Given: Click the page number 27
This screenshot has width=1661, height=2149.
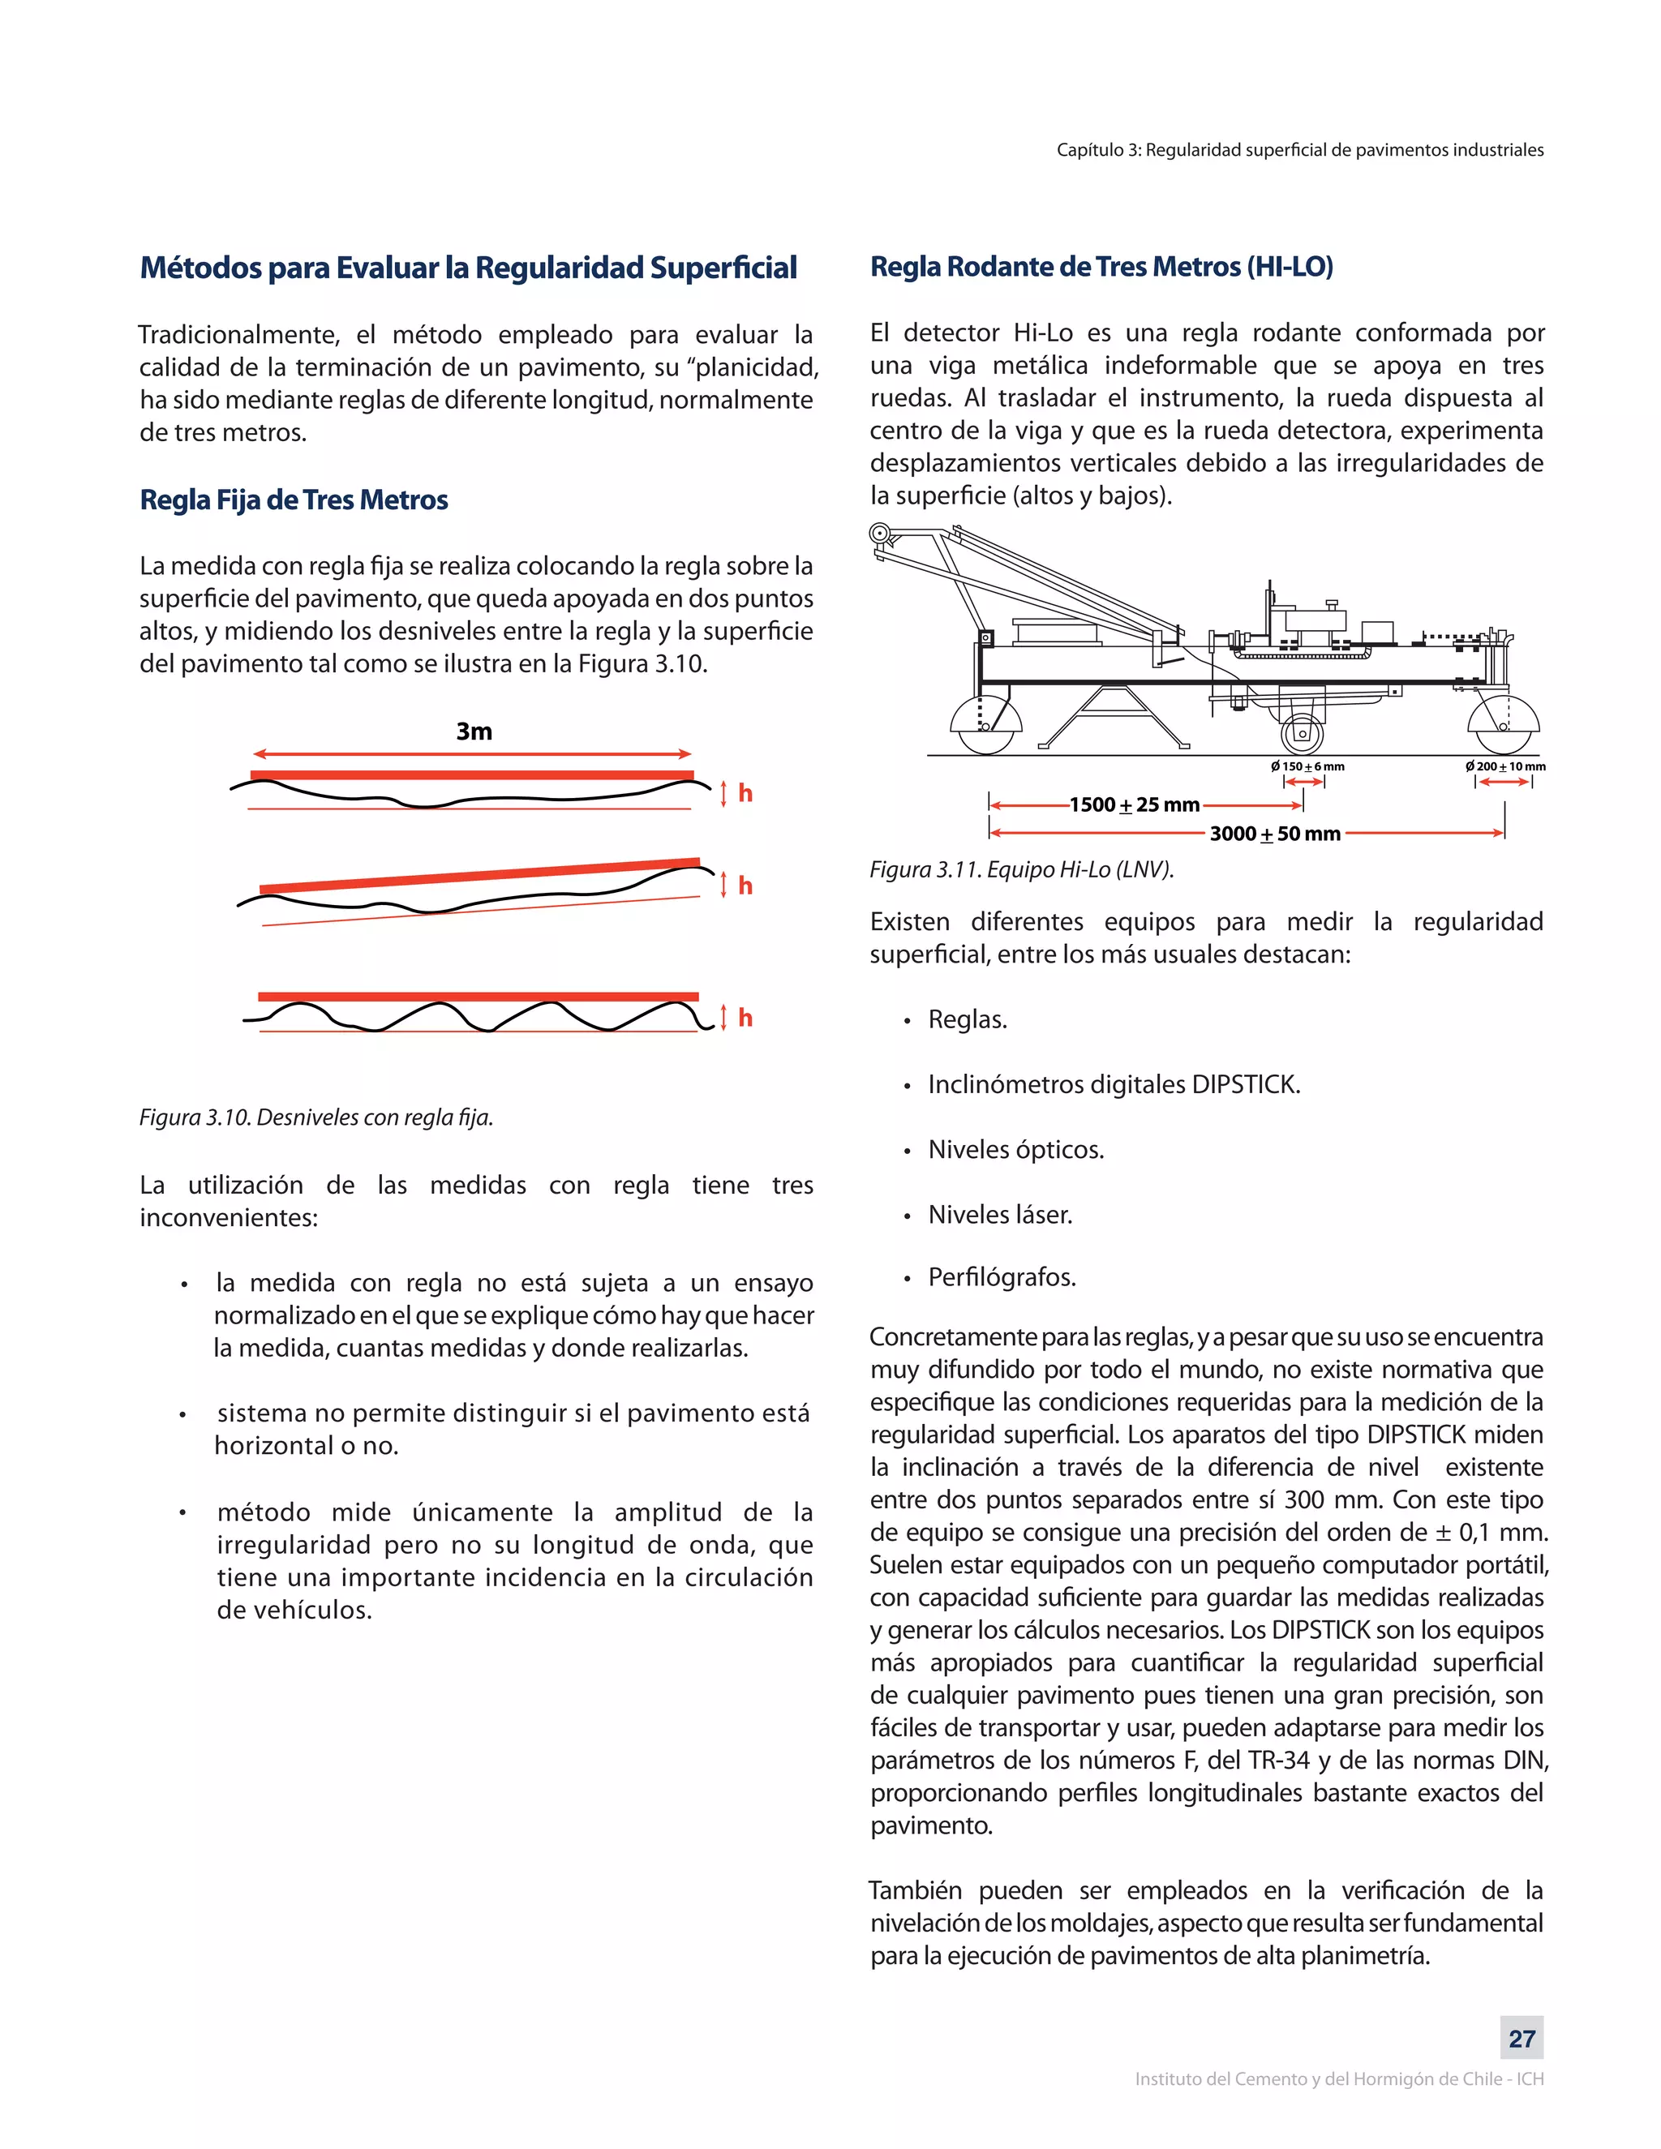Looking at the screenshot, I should pyautogui.click(x=1522, y=2038).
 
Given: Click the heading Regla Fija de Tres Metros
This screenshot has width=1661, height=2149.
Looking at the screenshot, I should pyautogui.click(x=294, y=500).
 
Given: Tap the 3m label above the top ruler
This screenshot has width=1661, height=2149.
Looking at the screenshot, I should pyautogui.click(x=474, y=731).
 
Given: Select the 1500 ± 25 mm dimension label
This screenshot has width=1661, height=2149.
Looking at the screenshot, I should pyautogui.click(x=1135, y=805).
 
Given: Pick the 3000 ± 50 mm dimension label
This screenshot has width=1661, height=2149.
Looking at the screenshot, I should pyautogui.click(x=1274, y=834).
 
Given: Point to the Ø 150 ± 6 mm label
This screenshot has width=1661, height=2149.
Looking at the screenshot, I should pyautogui.click(x=1307, y=766).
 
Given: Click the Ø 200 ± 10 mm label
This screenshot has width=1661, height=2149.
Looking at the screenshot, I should pyautogui.click(x=1504, y=766).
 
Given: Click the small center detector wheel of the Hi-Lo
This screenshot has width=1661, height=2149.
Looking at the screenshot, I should pyautogui.click(x=1302, y=733).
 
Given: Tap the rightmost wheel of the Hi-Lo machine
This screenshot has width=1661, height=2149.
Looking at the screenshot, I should pyautogui.click(x=1503, y=724).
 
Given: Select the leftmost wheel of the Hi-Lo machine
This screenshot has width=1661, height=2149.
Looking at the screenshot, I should pyautogui.click(x=985, y=726).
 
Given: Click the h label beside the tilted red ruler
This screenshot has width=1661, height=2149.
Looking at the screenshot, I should pyautogui.click(x=745, y=886).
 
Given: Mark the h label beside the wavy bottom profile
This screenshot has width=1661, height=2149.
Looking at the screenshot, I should pyautogui.click(x=745, y=1018).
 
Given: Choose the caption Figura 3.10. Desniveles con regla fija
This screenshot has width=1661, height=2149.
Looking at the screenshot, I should pyautogui.click(x=315, y=1117).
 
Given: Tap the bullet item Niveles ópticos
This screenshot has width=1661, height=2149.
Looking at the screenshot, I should pyautogui.click(x=1015, y=1149).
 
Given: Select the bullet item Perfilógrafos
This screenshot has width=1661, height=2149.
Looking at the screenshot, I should pyautogui.click(x=1002, y=1277).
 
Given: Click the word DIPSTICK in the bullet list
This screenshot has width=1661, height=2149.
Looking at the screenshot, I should pyautogui.click(x=1246, y=1084).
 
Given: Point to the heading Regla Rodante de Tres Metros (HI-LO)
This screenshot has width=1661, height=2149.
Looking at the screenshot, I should pyautogui.click(x=1101, y=267).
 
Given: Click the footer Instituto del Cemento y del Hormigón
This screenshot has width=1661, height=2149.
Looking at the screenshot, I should pyautogui.click(x=1338, y=2079).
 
